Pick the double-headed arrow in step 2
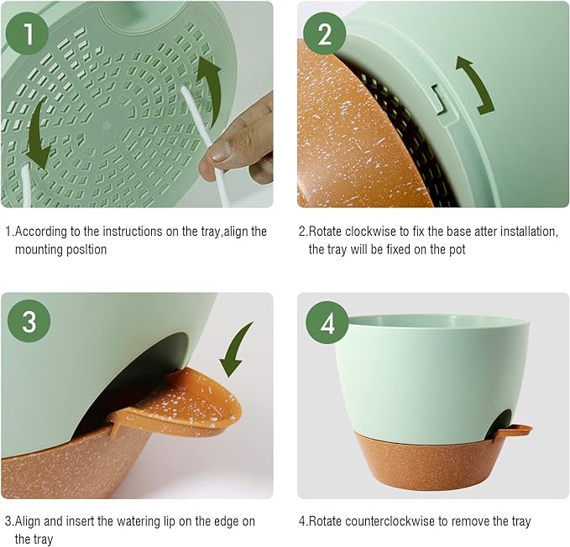474,84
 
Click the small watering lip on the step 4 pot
515,430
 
